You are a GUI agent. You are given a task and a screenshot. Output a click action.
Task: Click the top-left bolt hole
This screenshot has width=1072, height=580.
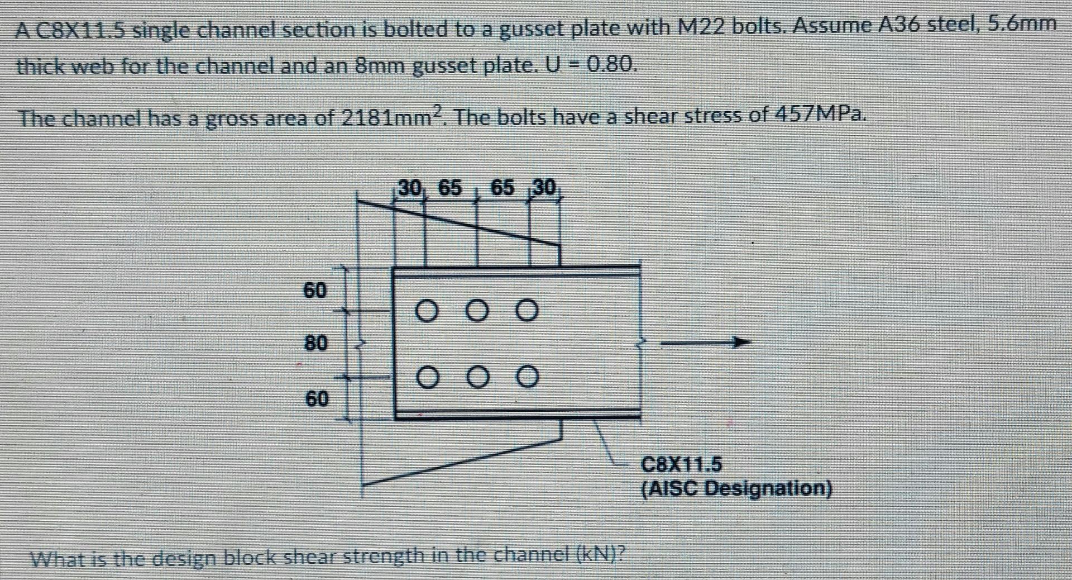[x=427, y=311]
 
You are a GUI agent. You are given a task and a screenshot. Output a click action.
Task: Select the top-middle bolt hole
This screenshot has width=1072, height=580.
[x=477, y=311]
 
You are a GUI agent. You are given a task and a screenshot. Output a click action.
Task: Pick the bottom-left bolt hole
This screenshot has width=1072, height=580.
[x=427, y=378]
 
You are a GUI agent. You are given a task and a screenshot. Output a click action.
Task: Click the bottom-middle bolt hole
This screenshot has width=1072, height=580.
[x=477, y=378]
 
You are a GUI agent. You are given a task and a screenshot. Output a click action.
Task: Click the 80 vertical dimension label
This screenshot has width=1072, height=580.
[x=315, y=342]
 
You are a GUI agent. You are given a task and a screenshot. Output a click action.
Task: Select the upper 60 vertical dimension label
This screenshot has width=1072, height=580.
[x=315, y=290]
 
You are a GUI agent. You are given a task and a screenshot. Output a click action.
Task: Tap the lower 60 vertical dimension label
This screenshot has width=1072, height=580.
[x=317, y=398]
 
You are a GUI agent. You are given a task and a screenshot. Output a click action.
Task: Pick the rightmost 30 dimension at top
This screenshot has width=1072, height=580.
[x=544, y=188]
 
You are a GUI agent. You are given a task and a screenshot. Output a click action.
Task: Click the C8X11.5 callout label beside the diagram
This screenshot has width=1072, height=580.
[x=681, y=464]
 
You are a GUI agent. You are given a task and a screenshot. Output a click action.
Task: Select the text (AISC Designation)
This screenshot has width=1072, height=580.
[x=736, y=489]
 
